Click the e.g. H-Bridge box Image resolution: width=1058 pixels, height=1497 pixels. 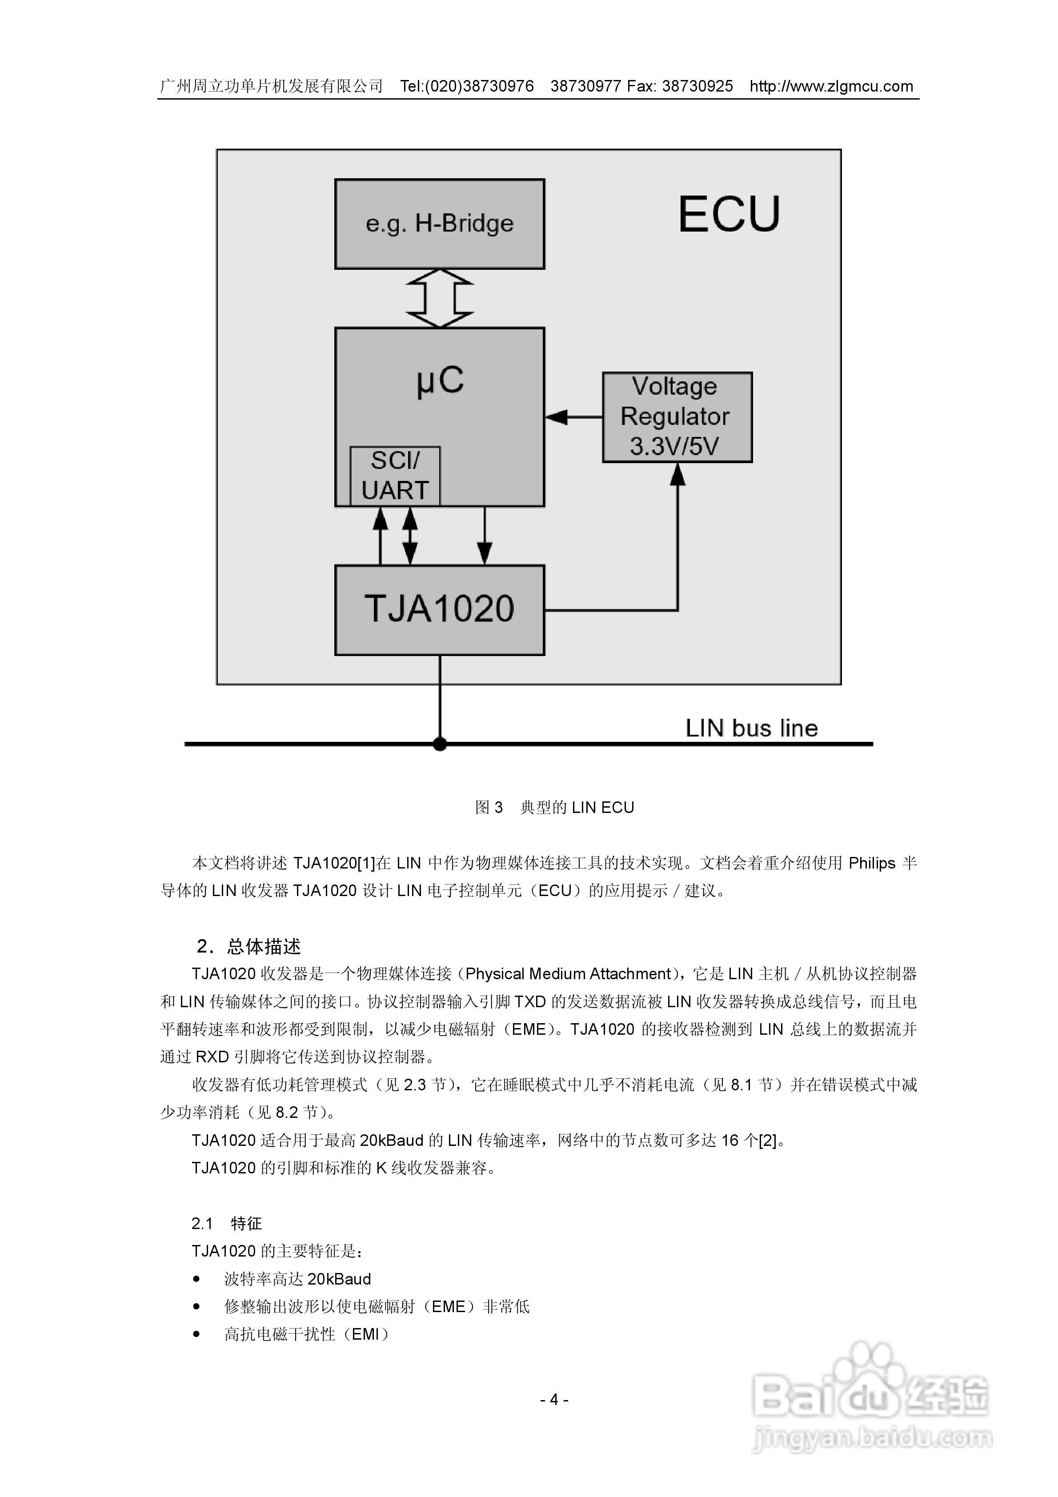click(439, 224)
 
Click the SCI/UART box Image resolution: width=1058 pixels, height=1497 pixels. click(395, 476)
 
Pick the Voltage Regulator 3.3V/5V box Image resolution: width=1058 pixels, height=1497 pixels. click(677, 417)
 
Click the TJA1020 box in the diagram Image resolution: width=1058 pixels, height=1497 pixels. click(439, 610)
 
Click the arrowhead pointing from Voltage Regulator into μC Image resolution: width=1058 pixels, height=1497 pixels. click(556, 416)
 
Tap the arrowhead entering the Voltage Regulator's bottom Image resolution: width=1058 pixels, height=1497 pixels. click(678, 474)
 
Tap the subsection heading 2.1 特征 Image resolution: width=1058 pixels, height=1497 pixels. click(226, 1223)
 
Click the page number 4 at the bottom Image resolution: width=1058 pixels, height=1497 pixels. click(554, 1400)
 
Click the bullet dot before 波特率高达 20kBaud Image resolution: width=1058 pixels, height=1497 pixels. click(196, 1279)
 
